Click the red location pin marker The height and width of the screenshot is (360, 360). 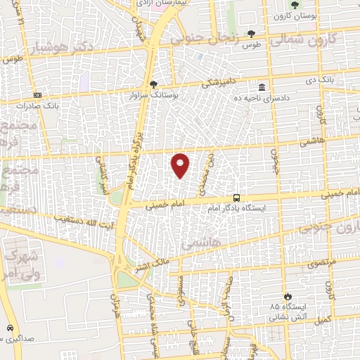(x=181, y=165)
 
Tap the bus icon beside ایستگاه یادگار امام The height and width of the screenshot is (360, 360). (x=237, y=198)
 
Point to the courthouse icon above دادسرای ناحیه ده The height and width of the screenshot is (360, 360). (x=262, y=87)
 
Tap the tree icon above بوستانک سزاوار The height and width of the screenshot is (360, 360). (x=154, y=83)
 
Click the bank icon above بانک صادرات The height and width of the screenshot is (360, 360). (x=37, y=95)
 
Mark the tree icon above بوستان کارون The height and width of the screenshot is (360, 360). (x=295, y=5)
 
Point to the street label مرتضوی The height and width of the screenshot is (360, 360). (x=321, y=261)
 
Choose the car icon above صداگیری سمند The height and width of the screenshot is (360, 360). (x=10, y=328)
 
